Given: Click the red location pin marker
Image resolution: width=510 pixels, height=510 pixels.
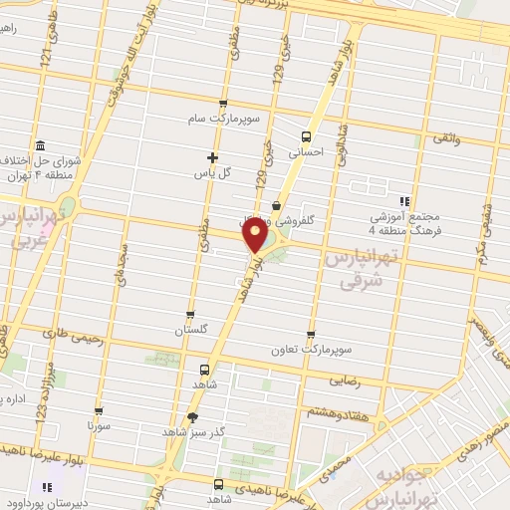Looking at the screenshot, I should [256, 234].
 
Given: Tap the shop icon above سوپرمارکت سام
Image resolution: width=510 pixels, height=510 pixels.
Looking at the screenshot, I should [221, 104].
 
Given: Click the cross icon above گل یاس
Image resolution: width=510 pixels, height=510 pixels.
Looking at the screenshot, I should [212, 156].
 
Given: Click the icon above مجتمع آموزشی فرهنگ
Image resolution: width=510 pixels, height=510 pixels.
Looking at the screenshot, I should [404, 199].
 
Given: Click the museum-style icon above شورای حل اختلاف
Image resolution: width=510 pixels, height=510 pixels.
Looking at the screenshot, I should [39, 145].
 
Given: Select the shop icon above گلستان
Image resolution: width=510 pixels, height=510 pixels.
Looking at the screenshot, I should [189, 314].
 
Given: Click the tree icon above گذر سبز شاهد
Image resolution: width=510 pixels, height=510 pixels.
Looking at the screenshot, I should [192, 416].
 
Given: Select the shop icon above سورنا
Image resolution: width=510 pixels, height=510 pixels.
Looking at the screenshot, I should [97, 409].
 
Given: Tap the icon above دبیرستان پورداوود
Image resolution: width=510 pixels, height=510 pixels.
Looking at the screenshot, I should [45, 489].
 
